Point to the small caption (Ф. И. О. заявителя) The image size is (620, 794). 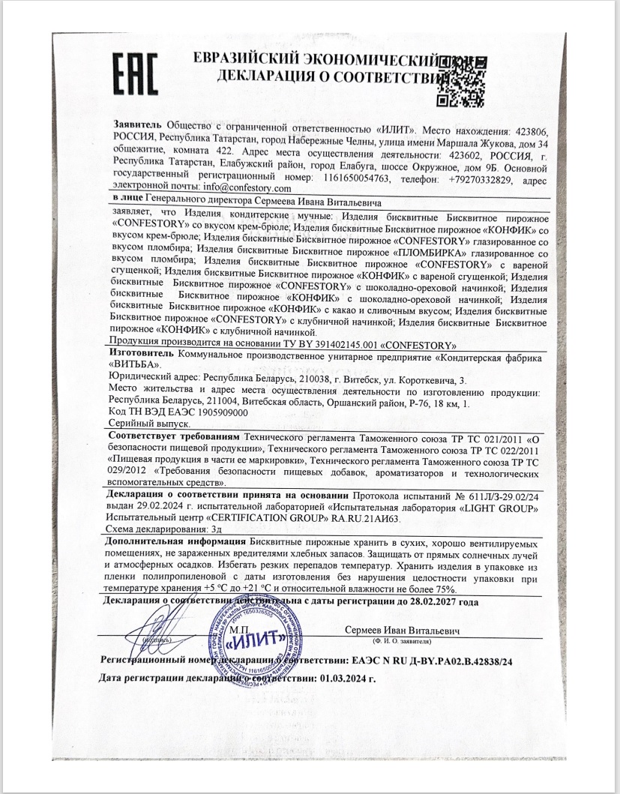pyautogui.click(x=406, y=642)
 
